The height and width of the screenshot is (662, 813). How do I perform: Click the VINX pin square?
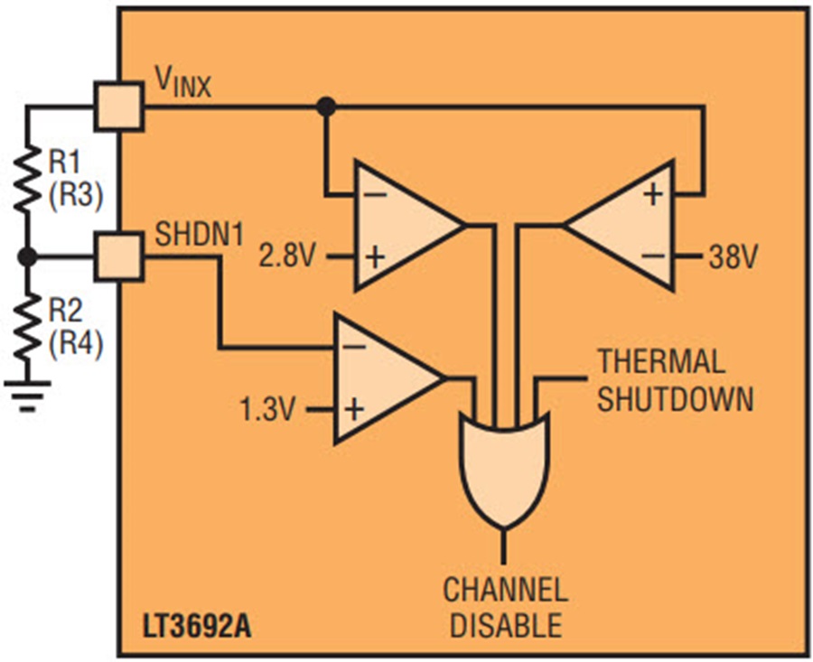click(x=118, y=106)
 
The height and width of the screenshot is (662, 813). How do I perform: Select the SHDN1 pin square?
click(x=118, y=256)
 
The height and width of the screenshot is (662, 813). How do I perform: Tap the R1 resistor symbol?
click(x=27, y=179)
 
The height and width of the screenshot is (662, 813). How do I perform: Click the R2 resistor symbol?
click(x=27, y=328)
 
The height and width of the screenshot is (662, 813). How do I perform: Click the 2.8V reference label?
click(x=286, y=256)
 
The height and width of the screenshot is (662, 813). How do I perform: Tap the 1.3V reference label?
click(x=267, y=409)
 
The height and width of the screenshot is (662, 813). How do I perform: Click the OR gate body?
click(x=504, y=469)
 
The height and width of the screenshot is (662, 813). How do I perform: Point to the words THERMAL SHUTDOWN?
click(x=675, y=380)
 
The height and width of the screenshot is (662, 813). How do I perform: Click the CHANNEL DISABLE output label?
click(x=506, y=607)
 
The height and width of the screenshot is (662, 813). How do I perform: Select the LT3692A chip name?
click(x=197, y=626)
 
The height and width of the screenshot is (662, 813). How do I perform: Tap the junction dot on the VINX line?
click(x=326, y=107)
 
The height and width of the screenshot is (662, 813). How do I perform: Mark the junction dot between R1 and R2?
click(x=27, y=256)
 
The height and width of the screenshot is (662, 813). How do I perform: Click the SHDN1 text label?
click(x=200, y=234)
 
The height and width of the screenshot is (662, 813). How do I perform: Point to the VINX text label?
click(x=183, y=83)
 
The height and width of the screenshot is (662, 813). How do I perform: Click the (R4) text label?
click(x=76, y=343)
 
